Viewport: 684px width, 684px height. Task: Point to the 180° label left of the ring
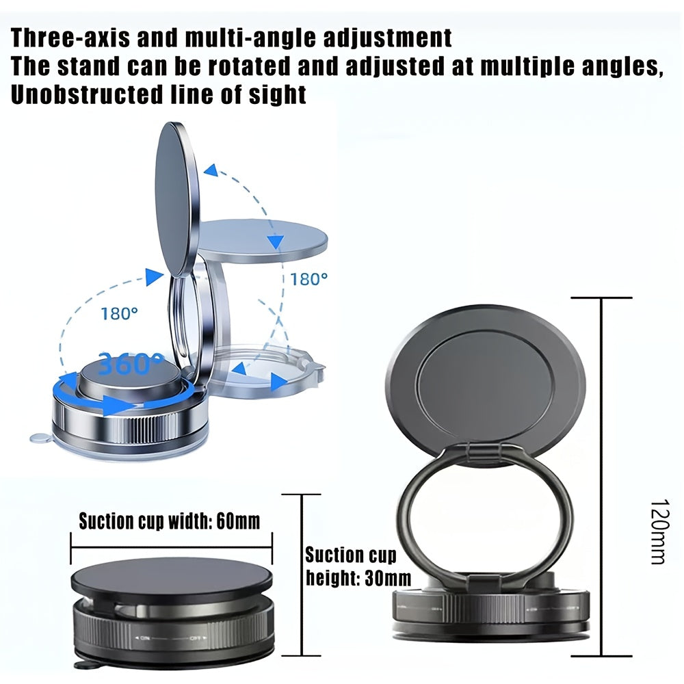click(x=119, y=314)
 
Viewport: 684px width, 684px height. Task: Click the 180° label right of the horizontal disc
click(x=308, y=279)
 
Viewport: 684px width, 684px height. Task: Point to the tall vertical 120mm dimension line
click(x=601, y=479)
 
